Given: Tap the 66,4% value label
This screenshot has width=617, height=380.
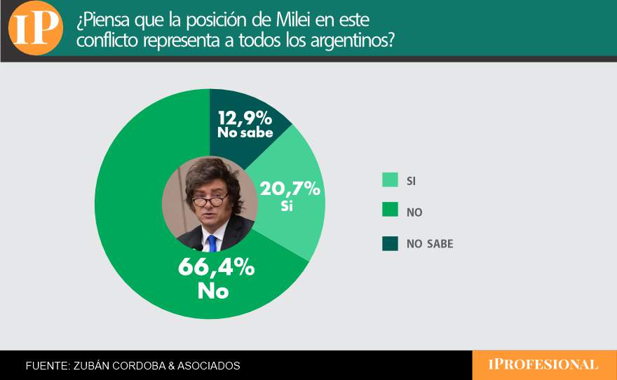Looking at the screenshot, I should (216, 268).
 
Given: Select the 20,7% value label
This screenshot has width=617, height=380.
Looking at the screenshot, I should (290, 189).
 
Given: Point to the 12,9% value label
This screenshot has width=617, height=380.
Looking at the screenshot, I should (245, 117).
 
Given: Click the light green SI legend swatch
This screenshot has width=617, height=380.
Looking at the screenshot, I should (390, 180).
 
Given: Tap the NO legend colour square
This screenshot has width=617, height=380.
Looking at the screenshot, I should (390, 212).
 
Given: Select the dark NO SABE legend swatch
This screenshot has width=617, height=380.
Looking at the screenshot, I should (390, 243).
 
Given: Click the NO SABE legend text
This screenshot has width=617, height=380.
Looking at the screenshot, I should (430, 244).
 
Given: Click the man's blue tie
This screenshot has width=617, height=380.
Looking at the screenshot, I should (212, 243).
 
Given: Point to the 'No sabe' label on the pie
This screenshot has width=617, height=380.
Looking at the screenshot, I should (245, 132).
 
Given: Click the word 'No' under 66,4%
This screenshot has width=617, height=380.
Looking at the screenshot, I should (213, 290).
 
